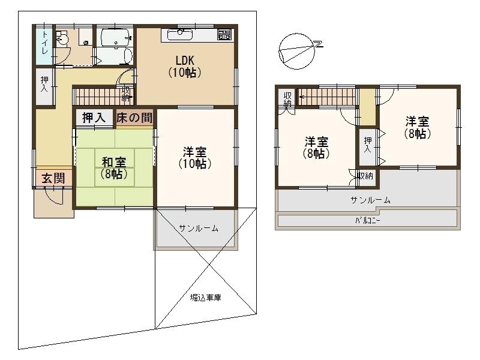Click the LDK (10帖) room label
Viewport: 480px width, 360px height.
(x=185, y=67)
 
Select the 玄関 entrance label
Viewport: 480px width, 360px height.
(x=53, y=178)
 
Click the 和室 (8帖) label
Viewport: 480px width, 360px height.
(x=114, y=168)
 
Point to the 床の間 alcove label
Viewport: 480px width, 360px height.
(x=134, y=117)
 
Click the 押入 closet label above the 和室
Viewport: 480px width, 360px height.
(x=94, y=118)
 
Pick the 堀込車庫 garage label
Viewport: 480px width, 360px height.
(x=206, y=297)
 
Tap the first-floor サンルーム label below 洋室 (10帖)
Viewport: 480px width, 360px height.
(x=199, y=228)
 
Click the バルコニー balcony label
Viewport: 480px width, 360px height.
(x=368, y=220)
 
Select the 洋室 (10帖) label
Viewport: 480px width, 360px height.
(x=195, y=158)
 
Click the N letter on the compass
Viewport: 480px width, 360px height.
(x=319, y=44)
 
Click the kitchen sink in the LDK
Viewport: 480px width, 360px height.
(x=180, y=35)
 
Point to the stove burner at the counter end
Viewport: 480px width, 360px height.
(x=224, y=35)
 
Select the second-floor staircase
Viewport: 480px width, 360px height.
(x=327, y=97)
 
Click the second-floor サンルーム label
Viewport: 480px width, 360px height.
(x=370, y=200)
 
